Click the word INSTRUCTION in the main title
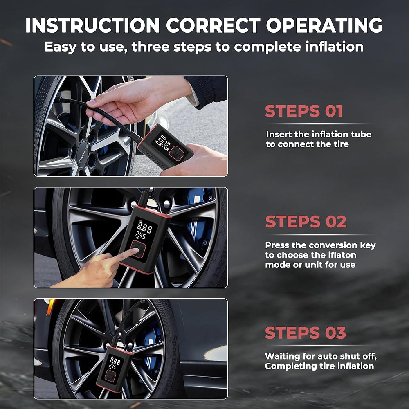(92, 25)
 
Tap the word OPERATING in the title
(324, 25)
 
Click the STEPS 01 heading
(303, 111)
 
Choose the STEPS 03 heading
(306, 333)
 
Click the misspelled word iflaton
(342, 255)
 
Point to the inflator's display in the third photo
(115, 363)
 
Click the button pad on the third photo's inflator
(110, 376)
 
